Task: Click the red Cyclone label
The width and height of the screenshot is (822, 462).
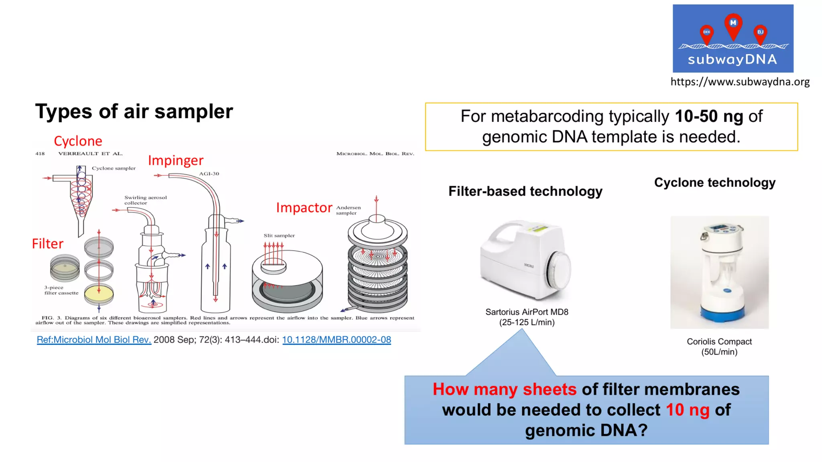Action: [x=78, y=141]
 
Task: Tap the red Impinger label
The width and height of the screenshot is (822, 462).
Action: [x=175, y=160]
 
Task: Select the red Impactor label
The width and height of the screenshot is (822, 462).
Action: [x=304, y=208]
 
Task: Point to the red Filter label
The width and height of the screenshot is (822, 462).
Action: [x=47, y=244]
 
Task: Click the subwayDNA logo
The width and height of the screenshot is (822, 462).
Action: [x=732, y=38]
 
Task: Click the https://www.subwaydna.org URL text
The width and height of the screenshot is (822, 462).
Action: [x=740, y=82]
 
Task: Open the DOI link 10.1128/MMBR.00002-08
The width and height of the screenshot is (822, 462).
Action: [x=336, y=340]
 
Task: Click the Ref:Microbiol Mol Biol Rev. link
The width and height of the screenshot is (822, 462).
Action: [x=94, y=340]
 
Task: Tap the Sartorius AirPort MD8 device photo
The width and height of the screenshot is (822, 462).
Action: [x=525, y=261]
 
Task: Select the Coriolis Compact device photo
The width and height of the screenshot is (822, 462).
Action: [x=719, y=273]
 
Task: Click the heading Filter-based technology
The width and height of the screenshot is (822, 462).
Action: [x=525, y=191]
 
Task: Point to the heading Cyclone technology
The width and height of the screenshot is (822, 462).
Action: [x=714, y=182]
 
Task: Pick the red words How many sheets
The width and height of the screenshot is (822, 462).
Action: [x=504, y=389]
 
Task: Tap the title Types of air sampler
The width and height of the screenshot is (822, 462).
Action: [x=134, y=111]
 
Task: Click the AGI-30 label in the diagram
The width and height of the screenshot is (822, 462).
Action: [x=209, y=174]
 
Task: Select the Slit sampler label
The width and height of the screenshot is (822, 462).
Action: [x=279, y=235]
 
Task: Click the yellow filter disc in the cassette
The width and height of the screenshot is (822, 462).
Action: [x=99, y=293]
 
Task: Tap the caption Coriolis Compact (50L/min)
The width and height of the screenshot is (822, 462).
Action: [x=719, y=346]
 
